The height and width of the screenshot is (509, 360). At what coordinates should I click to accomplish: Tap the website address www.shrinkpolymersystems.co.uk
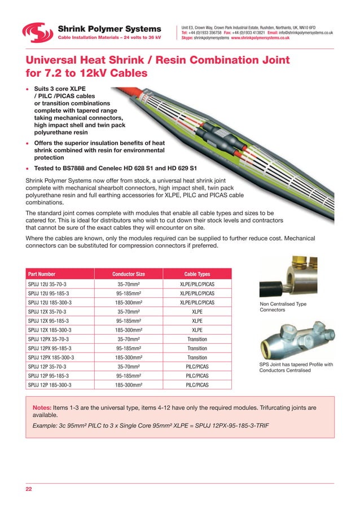260,38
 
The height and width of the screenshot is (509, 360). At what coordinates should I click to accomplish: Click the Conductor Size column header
129,274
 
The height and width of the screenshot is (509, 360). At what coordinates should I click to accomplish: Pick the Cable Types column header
197,274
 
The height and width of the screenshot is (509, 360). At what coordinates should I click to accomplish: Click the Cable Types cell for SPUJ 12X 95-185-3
197,321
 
